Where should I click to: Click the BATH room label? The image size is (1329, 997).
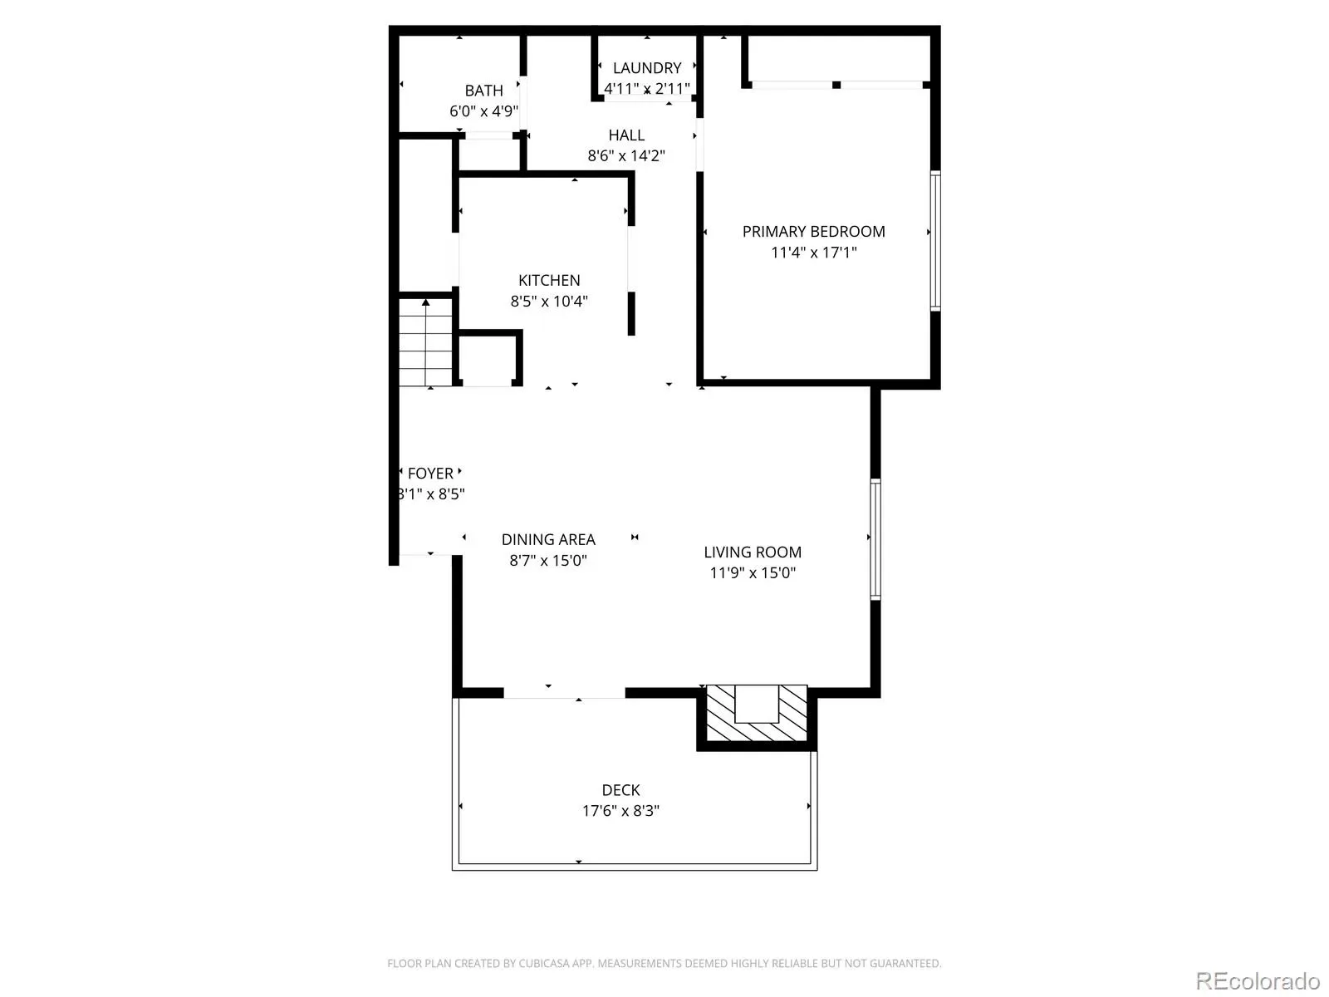[483, 91]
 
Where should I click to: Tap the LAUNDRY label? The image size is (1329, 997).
[646, 68]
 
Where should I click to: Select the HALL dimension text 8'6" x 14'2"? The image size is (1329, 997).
[626, 155]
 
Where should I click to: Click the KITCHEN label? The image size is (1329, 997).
[549, 280]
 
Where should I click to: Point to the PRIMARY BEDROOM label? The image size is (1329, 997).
[813, 231]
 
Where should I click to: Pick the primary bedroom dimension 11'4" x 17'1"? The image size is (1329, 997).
[813, 253]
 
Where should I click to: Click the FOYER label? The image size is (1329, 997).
[430, 474]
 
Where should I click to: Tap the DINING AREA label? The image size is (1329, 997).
[548, 539]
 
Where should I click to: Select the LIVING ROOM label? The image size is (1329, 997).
[752, 552]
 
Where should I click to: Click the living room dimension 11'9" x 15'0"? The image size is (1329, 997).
[752, 572]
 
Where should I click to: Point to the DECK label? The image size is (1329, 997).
[620, 790]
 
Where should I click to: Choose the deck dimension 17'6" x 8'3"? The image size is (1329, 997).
[620, 811]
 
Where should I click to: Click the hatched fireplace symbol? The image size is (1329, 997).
[756, 714]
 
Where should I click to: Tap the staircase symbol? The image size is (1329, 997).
[425, 342]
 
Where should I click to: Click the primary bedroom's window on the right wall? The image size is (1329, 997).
[934, 241]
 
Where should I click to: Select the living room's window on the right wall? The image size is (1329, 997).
[875, 538]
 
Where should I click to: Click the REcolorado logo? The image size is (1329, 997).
[1258, 980]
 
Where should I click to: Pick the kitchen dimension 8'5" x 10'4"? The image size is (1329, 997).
[549, 301]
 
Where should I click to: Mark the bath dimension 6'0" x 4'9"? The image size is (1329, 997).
[483, 111]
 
